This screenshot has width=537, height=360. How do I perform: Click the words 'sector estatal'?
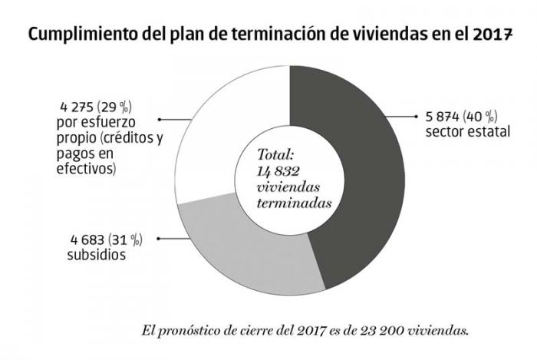pos(460,132)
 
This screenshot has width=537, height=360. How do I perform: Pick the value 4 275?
pos(75,106)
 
